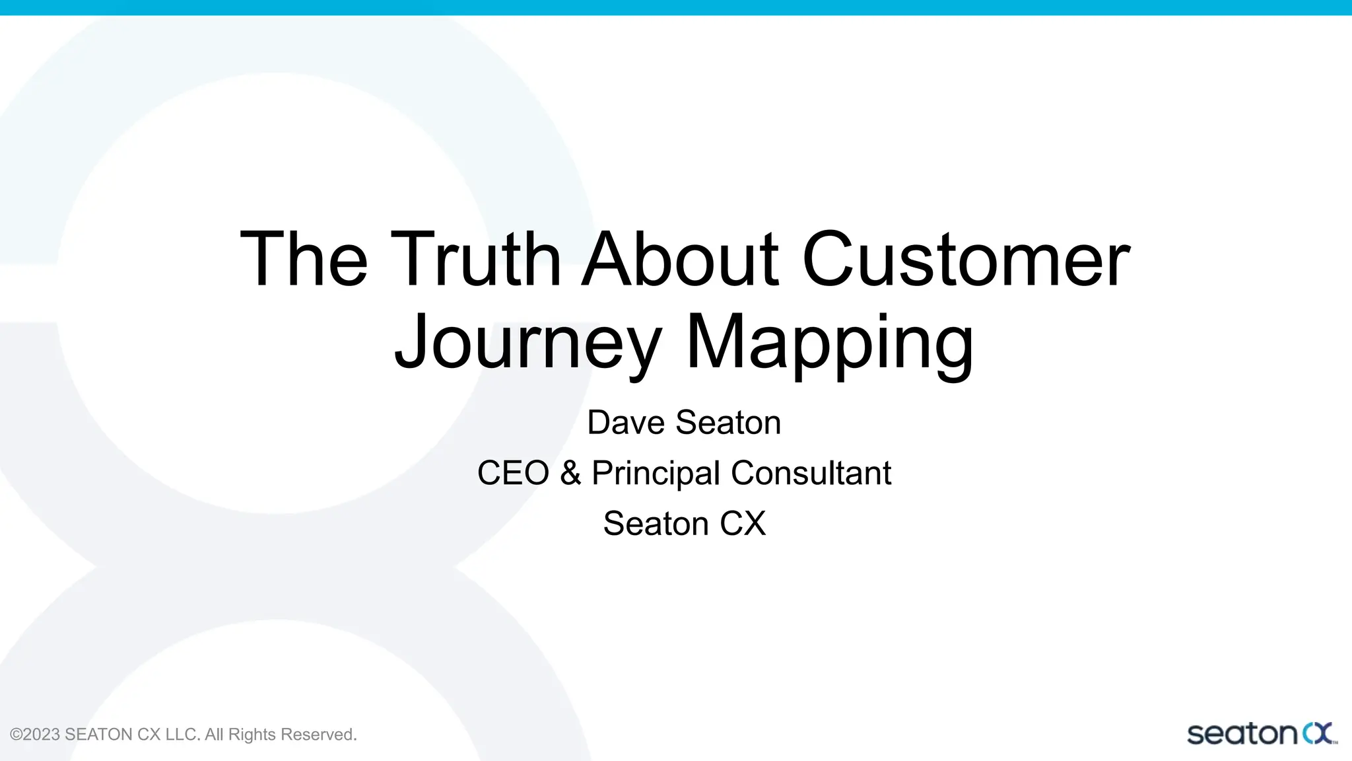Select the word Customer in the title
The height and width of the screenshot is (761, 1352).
(966, 260)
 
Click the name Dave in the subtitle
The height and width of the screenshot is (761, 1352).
(626, 423)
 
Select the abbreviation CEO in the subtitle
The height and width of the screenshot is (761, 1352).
(513, 473)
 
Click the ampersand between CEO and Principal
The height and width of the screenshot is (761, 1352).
(570, 473)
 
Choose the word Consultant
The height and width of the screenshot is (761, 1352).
(811, 473)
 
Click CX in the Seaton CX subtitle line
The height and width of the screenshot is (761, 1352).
(743, 524)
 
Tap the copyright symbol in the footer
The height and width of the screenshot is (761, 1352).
(17, 735)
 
